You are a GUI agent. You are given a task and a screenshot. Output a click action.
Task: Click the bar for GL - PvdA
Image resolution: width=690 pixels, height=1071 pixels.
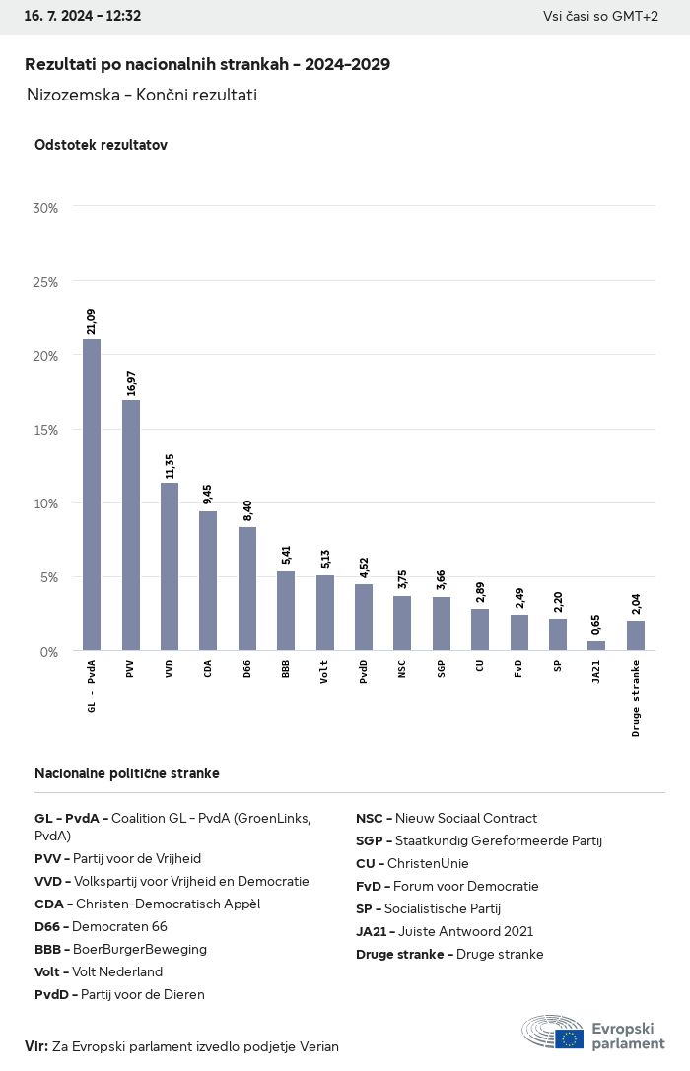[x=92, y=495]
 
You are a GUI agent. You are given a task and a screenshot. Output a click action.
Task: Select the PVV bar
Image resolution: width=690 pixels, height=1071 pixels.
[x=131, y=525]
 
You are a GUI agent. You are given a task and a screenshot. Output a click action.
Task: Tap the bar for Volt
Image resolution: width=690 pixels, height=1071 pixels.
[x=325, y=613]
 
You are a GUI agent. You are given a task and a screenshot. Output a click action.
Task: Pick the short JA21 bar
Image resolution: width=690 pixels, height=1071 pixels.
[x=596, y=645]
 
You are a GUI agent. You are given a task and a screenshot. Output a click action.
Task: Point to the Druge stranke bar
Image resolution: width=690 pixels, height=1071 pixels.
[x=636, y=636]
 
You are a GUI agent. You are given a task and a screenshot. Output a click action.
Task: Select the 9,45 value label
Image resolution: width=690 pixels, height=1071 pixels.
[x=209, y=494]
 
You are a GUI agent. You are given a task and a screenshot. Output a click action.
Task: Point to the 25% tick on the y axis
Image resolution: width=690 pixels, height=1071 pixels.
[x=45, y=282]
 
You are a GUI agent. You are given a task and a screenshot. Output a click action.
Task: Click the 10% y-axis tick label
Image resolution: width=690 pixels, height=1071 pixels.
[x=45, y=503]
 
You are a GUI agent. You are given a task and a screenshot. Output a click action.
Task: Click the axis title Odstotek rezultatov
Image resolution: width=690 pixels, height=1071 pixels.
[x=101, y=145]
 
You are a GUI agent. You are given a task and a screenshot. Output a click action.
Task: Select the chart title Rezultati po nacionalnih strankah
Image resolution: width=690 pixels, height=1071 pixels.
[x=207, y=64]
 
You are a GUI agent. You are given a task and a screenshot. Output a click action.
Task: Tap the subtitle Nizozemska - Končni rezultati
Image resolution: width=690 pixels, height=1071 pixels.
[x=142, y=95]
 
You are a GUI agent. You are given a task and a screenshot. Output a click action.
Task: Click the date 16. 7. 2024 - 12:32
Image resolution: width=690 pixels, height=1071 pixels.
[x=83, y=16]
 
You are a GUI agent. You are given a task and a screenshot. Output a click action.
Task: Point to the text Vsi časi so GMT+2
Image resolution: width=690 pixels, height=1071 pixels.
[x=600, y=16]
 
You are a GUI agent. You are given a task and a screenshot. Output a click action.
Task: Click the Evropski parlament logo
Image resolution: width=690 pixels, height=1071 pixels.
[x=593, y=1034]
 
